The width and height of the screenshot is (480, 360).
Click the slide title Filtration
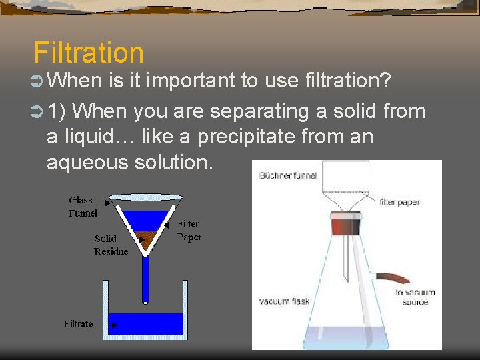point(88,53)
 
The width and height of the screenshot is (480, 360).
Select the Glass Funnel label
point(82,207)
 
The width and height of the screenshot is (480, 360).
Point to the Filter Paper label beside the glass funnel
point(188,231)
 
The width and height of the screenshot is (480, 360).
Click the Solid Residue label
point(111,245)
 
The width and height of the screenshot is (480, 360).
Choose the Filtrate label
point(78,324)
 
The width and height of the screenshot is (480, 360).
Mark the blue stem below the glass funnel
point(145,277)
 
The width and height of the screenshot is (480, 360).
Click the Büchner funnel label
point(288,176)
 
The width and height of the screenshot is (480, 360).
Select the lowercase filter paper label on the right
point(399,202)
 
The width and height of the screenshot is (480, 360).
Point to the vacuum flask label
point(284,302)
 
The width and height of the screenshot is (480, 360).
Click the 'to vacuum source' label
point(415,297)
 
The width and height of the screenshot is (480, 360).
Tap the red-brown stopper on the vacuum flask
point(345,225)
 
